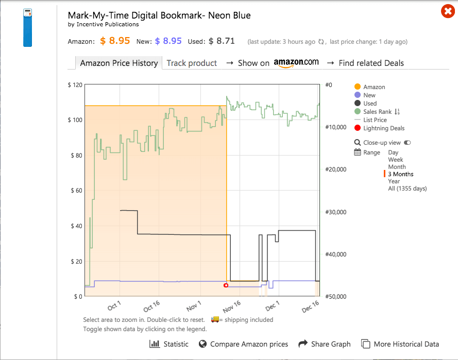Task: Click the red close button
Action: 448,11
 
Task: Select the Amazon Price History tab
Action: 118,63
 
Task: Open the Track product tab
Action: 192,63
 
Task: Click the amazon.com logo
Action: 296,63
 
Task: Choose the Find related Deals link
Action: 371,63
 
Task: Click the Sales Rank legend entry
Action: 377,112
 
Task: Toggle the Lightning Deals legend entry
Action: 383,128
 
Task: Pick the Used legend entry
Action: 369,104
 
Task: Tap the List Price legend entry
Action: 375,120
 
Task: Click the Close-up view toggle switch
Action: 408,143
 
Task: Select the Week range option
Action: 396,160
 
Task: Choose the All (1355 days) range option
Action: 407,188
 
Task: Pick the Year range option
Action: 394,181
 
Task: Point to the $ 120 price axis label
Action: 75,84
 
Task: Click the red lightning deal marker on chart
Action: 226,285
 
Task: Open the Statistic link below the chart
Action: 169,344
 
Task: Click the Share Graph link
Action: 325,344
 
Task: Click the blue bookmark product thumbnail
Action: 27,28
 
